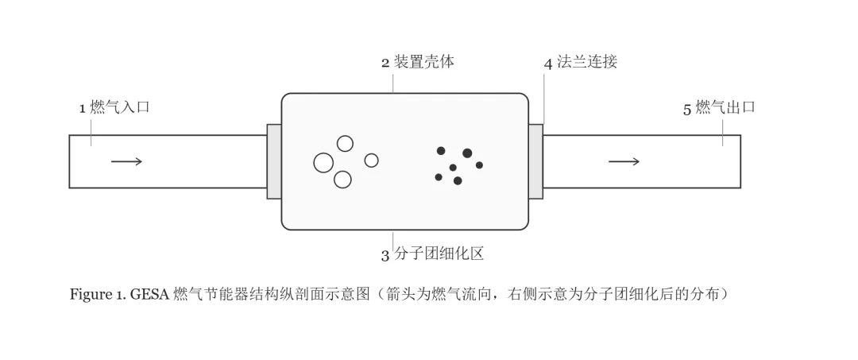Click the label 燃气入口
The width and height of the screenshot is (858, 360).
coord(120,107)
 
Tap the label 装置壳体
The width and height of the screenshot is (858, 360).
coord(424,62)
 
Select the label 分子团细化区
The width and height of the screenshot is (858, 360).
coord(439,254)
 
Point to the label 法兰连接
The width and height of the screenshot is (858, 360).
coord(587,62)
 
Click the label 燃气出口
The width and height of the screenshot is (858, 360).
coord(725,107)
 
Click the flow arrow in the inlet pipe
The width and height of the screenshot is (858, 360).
coord(126,161)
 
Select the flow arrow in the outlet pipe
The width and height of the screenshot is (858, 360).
coord(624,161)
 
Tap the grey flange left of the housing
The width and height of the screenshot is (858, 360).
coord(274,161)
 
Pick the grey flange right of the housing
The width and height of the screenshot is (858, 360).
coord(535,161)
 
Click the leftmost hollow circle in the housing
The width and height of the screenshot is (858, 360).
coord(323,162)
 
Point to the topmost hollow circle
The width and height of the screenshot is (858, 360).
coord(345,143)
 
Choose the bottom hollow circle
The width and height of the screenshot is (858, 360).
coord(342,179)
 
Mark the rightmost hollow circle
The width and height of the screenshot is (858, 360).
coord(372,161)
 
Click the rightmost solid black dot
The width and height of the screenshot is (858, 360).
coord(479,165)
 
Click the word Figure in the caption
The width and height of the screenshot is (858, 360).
coord(90,295)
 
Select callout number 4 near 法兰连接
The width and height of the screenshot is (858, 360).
coord(548,64)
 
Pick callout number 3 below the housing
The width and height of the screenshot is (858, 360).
coord(385,256)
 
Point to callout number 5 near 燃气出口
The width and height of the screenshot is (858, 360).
coord(687,110)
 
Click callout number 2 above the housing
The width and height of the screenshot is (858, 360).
coord(385,63)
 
